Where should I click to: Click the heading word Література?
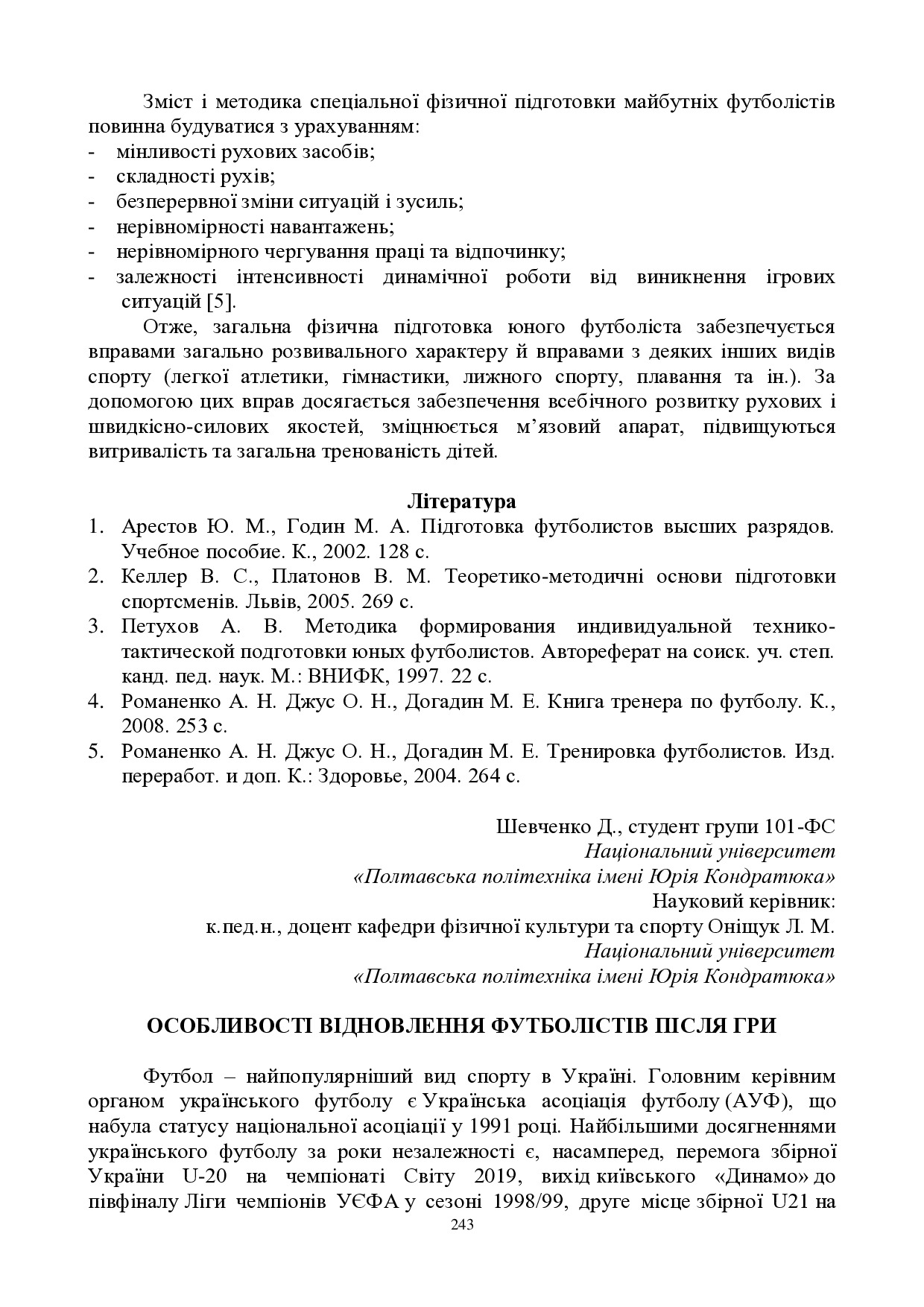coord(461,501)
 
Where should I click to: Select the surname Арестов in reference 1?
coord(158,526)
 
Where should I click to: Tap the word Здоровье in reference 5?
coord(357,776)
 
